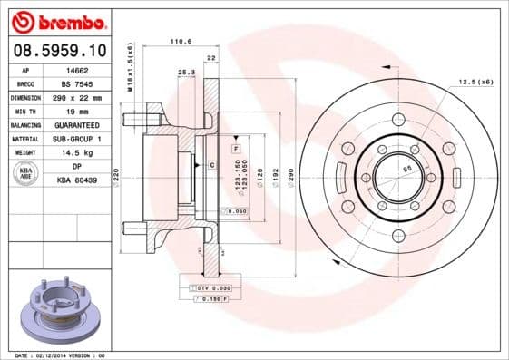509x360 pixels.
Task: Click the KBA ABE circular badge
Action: [26, 174]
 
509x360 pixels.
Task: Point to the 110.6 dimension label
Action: [182, 41]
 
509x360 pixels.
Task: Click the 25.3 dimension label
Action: [186, 71]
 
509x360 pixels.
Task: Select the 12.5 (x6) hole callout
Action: [475, 82]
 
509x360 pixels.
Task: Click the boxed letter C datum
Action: [210, 164]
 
